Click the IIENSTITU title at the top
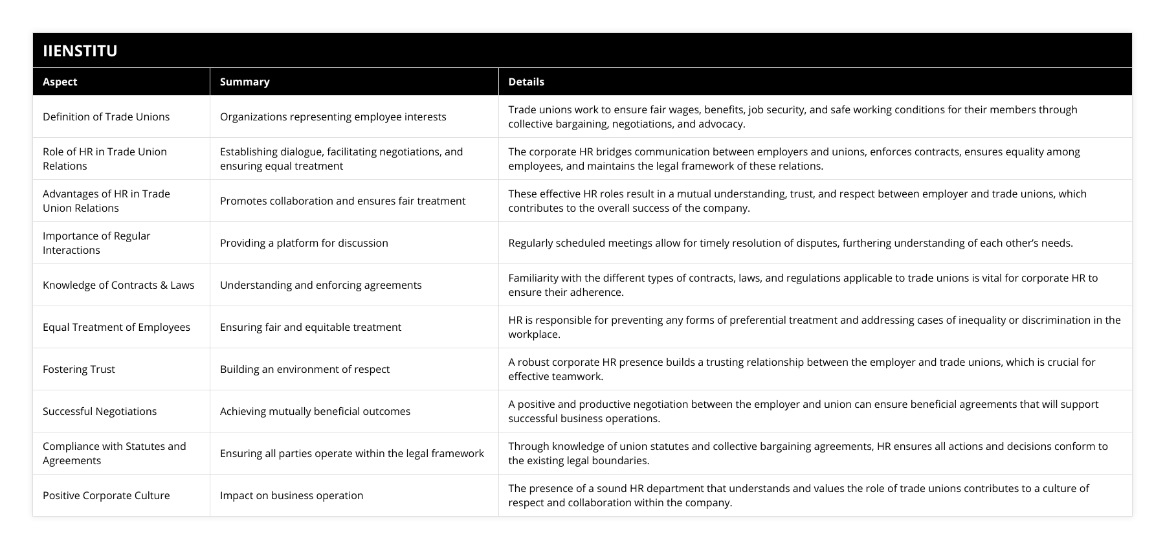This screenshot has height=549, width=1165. pos(80,50)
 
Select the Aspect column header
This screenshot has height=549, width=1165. pos(60,82)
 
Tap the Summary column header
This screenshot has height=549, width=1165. pos(245,82)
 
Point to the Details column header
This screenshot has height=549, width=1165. pos(526,82)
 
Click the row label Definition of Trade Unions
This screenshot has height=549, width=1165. pos(106,117)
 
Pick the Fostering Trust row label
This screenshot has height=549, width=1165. pos(79,369)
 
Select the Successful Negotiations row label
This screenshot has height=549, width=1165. pos(100,411)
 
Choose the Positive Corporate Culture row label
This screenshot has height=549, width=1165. pos(106,495)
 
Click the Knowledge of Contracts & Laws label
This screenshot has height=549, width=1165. pos(118,285)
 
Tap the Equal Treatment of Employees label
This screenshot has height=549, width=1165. pos(116,327)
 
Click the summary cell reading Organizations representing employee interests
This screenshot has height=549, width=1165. pos(333,117)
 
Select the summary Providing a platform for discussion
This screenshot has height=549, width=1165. pos(304,243)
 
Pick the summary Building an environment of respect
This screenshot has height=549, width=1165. pos(304,369)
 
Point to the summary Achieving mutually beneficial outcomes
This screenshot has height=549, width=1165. pos(315,411)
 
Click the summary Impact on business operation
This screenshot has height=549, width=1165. pos(291,495)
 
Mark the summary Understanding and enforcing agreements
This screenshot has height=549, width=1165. pos(320,285)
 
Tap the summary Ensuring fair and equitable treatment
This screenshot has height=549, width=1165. pos(310,327)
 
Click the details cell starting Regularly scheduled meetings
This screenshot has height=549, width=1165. pos(790,243)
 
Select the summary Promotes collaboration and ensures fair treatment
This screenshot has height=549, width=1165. pos(342,201)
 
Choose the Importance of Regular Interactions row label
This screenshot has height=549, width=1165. pos(96,243)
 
